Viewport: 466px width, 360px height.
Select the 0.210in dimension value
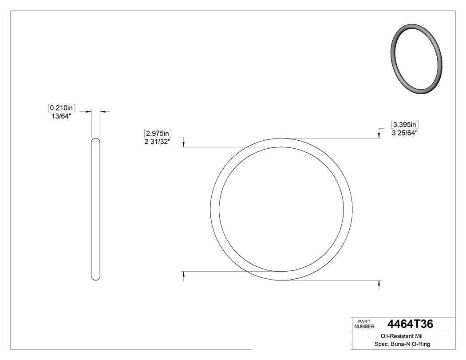[x=62, y=107]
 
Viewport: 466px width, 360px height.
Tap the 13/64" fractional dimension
[x=62, y=116]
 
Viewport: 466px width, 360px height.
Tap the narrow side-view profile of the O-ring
[x=95, y=209]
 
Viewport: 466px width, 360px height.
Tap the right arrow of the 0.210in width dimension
[x=102, y=111]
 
